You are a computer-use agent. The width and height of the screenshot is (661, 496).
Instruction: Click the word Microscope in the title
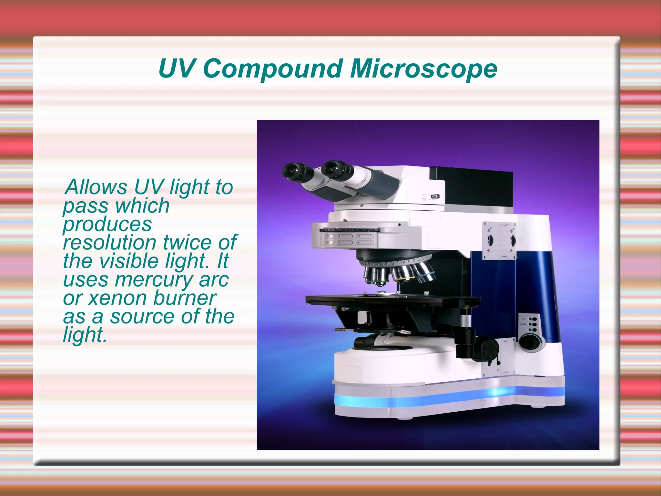point(423,69)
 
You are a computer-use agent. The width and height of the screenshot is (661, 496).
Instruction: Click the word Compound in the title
point(273,69)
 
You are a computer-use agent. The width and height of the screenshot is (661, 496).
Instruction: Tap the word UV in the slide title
point(177,69)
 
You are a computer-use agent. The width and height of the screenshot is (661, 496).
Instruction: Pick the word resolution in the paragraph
point(110,243)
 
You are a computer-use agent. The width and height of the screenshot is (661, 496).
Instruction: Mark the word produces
point(107,224)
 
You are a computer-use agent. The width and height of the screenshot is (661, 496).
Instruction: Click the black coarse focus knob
point(489,349)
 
